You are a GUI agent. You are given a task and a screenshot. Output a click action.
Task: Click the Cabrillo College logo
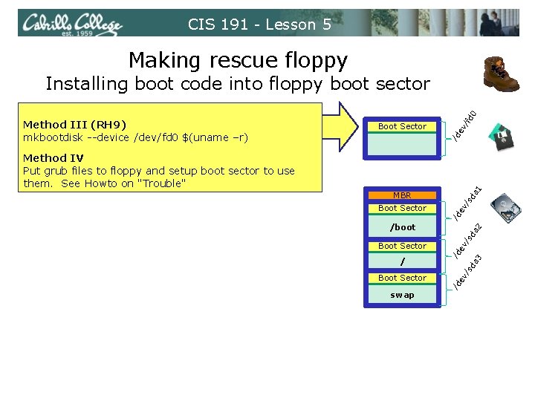point(72,24)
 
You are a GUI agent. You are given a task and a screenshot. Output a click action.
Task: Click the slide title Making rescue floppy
point(238,59)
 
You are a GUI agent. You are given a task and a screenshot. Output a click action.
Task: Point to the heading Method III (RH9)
point(74,125)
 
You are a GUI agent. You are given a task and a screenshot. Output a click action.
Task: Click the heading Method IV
point(53,158)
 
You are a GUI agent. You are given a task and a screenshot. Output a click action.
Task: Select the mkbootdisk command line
point(136,137)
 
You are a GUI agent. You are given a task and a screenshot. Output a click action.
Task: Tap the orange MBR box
point(402,195)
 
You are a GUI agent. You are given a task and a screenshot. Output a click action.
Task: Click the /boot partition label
point(402,227)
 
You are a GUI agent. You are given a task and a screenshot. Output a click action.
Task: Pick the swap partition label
point(402,295)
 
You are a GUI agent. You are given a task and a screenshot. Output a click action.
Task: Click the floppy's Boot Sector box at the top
point(402,126)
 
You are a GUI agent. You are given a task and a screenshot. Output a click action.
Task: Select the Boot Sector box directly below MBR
point(402,208)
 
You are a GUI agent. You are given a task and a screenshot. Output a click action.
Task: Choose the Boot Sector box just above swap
point(402,278)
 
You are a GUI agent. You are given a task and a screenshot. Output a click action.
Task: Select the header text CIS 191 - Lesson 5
point(259,25)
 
